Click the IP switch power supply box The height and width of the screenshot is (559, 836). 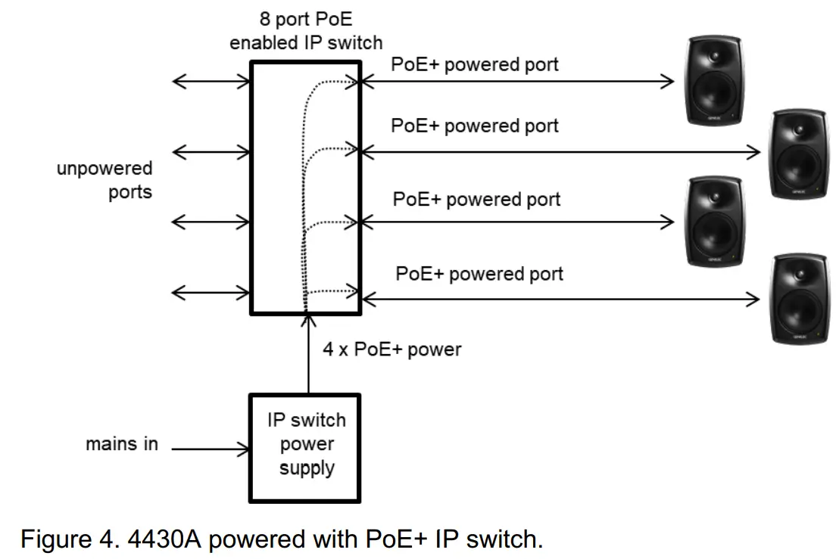306,447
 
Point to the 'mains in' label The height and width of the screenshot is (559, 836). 122,444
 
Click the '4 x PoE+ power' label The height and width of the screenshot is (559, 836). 391,349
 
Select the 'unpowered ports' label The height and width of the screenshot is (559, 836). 104,179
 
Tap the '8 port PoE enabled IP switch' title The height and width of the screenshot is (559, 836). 306,31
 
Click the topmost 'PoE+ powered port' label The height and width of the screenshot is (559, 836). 475,64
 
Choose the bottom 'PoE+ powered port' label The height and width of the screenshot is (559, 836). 479,273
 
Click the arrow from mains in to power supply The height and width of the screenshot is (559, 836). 211,449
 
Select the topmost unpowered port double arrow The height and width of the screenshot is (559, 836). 211,81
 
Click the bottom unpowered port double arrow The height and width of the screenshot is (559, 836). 211,292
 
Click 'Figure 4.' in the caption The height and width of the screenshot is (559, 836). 62,540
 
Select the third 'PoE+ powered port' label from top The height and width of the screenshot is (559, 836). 476,200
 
